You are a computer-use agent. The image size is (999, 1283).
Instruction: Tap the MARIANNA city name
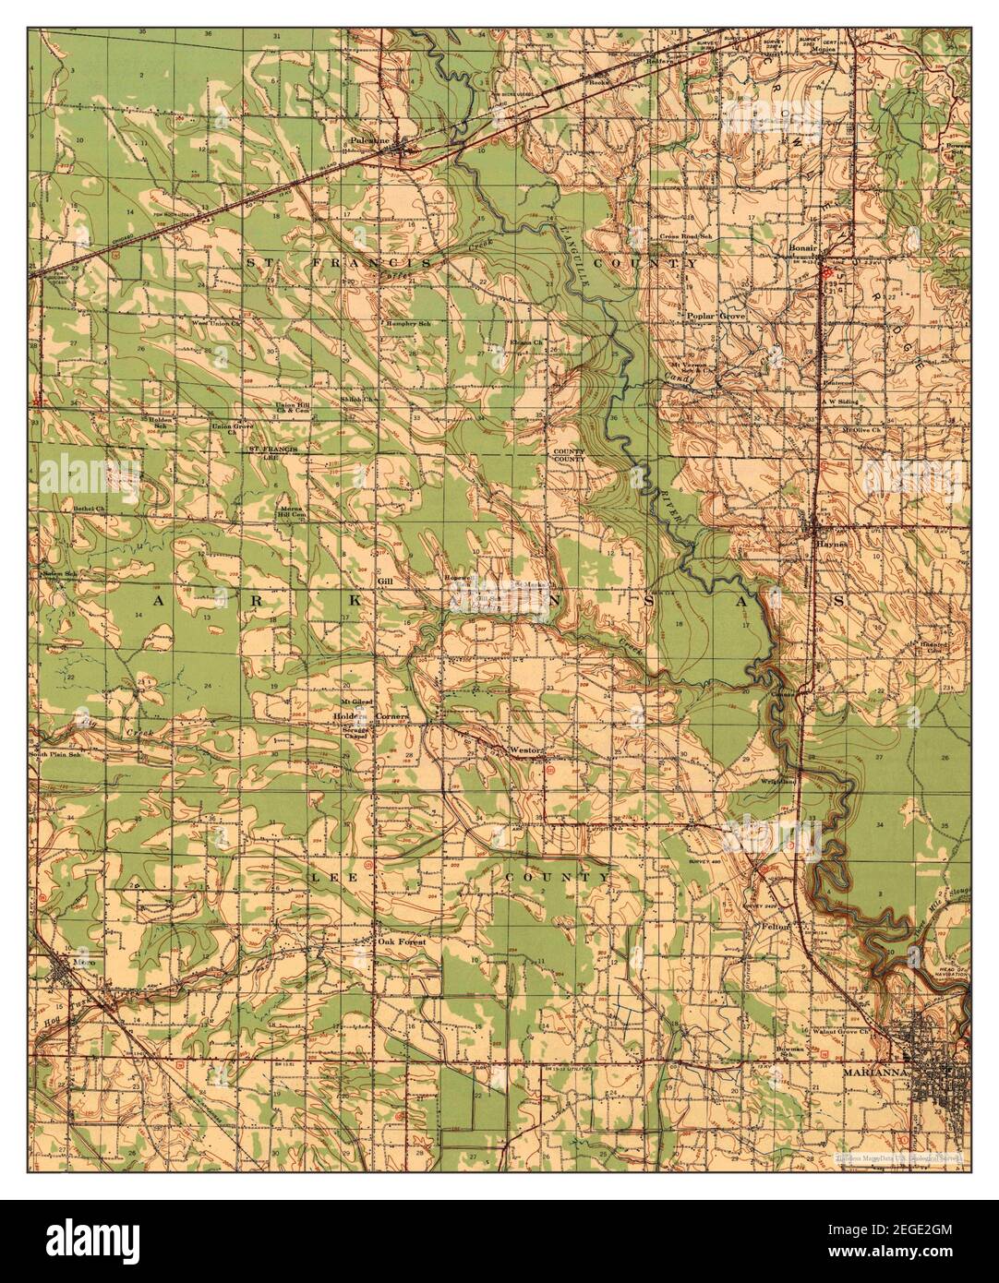coord(873,1073)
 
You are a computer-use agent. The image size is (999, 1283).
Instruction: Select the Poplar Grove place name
coord(716,316)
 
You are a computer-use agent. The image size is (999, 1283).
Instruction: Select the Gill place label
coord(385,582)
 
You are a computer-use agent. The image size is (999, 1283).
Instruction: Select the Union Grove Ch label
coord(234,428)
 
